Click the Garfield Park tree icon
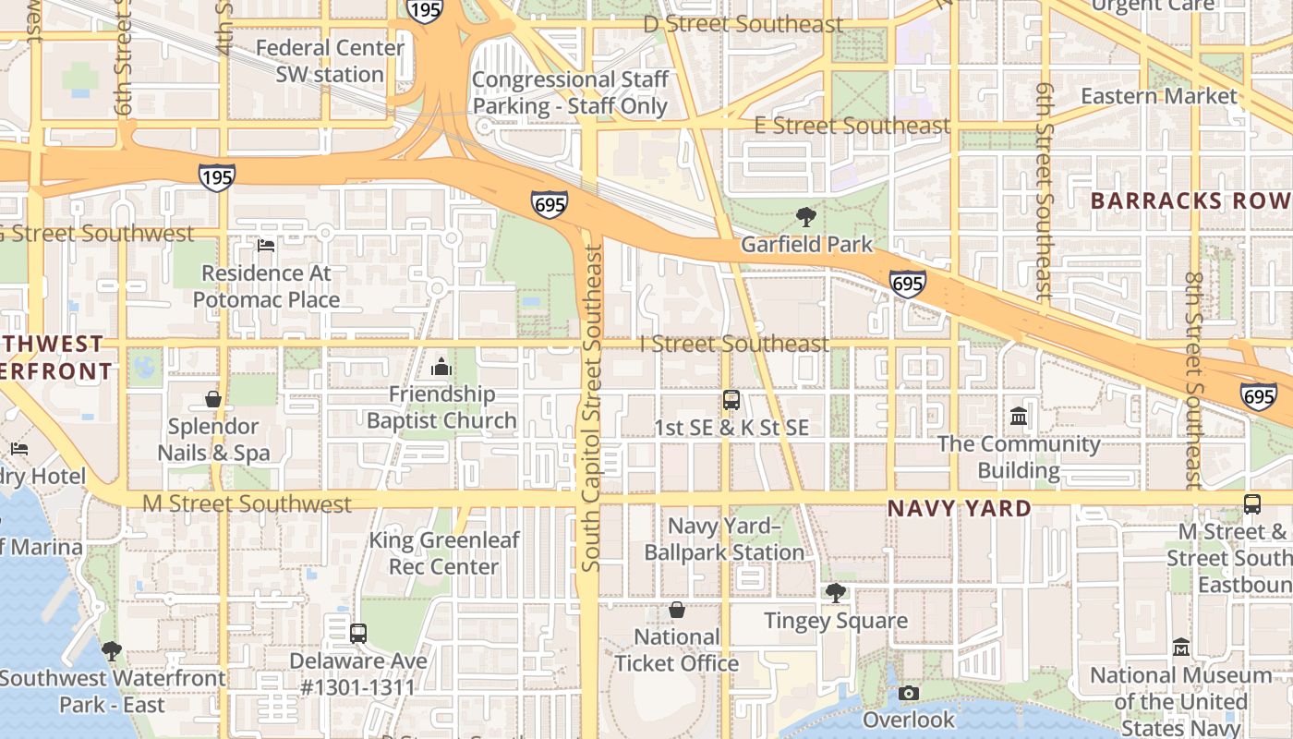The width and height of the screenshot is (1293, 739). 806,218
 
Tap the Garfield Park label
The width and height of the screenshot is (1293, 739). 806,245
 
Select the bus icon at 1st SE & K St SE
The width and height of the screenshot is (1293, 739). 731,400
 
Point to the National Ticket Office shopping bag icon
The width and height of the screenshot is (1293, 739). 677,611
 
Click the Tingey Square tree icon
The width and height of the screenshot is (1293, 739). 836,593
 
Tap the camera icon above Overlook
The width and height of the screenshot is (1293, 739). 909,693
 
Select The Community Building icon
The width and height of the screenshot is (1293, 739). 1019,417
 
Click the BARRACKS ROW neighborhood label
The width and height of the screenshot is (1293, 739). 1190,201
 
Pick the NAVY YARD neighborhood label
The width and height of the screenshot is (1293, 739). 960,509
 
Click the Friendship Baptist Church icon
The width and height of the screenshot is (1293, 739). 441,367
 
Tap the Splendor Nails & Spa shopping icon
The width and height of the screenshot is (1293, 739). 213,400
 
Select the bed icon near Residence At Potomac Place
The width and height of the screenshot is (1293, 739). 266,246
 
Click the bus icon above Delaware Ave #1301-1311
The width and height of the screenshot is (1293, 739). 358,634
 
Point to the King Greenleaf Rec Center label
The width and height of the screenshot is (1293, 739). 444,553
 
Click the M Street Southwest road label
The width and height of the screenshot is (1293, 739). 247,504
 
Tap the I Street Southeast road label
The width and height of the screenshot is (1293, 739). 734,345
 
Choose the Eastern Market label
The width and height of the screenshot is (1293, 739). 1158,96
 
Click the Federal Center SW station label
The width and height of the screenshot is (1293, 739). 330,61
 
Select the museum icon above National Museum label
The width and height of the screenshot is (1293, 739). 1181,648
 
